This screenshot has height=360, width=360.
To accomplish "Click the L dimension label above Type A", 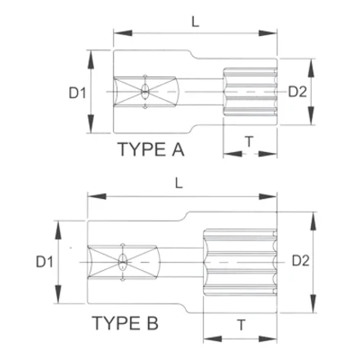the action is (x=196, y=22).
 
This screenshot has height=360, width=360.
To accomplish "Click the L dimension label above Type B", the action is (x=178, y=183).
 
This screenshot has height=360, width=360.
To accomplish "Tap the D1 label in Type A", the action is (x=78, y=93).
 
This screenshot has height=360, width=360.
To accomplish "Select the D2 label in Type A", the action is (x=298, y=92).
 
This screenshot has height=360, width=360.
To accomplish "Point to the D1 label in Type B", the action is (x=44, y=262).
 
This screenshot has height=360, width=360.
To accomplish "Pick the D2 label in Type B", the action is (x=300, y=261).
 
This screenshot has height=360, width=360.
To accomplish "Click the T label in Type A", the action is (x=249, y=142).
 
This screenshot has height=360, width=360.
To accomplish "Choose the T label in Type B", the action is (x=241, y=325).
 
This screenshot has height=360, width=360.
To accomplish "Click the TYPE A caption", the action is (x=151, y=150).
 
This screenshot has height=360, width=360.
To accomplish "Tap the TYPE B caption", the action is (x=125, y=323).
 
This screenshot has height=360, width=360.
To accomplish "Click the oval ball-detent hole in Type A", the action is (x=145, y=92).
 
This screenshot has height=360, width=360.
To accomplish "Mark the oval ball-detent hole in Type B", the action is (x=123, y=262).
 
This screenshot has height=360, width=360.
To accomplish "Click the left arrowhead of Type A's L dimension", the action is (x=123, y=34).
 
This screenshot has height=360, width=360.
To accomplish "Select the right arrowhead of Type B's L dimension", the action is (x=268, y=196).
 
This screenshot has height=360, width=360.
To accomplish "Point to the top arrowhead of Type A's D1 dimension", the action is (x=91, y=59).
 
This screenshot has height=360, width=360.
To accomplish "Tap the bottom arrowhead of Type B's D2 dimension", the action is (x=313, y=304).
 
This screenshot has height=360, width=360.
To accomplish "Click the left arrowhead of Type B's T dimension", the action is (x=213, y=340).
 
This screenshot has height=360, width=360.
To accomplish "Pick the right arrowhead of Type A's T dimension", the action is (x=268, y=154).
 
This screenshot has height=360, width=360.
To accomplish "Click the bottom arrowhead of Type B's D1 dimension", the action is (x=58, y=294).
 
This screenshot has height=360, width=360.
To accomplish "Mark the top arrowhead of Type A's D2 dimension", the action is (x=311, y=68).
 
